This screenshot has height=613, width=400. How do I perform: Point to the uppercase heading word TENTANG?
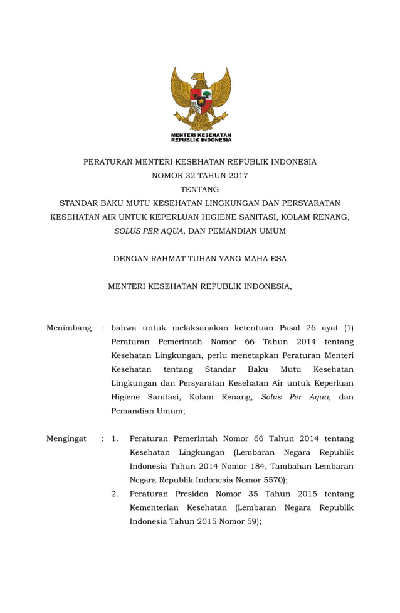pos(200,189)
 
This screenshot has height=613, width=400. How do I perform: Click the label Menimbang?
pos(69,328)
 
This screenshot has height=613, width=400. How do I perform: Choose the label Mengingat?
pos(66,438)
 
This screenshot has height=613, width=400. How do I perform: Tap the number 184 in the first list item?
pos(254,466)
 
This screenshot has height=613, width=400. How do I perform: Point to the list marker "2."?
pos(115,494)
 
